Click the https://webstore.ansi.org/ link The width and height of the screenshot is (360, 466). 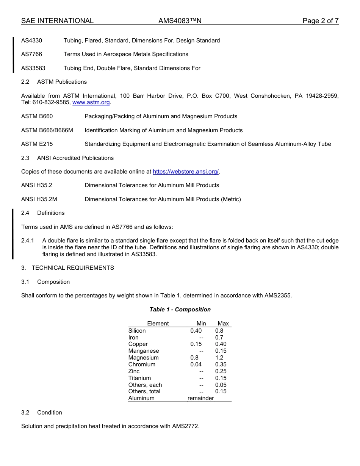(x=186, y=172)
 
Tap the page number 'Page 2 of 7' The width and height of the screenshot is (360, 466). (x=320, y=21)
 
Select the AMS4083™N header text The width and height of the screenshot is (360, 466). (x=180, y=21)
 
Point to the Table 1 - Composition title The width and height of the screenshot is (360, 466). (x=180, y=310)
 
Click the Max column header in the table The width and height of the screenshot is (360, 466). (x=223, y=324)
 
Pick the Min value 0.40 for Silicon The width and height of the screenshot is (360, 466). (x=196, y=331)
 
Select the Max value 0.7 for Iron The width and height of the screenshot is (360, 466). (x=219, y=338)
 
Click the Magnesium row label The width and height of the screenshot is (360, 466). (x=143, y=358)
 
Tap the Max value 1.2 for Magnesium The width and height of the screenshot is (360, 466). (x=219, y=358)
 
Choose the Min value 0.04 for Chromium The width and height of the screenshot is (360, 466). (x=196, y=364)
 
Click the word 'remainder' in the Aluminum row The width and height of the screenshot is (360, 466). (x=200, y=398)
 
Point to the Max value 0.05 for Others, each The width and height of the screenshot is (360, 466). (x=221, y=385)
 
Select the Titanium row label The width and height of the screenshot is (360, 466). (x=139, y=378)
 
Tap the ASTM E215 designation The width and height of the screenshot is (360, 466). (x=37, y=144)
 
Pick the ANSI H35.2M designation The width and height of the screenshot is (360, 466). (x=39, y=199)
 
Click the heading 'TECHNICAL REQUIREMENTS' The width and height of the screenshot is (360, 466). (x=73, y=268)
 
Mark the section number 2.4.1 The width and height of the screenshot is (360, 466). (x=28, y=241)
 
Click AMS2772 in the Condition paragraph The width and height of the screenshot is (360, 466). (x=185, y=426)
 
